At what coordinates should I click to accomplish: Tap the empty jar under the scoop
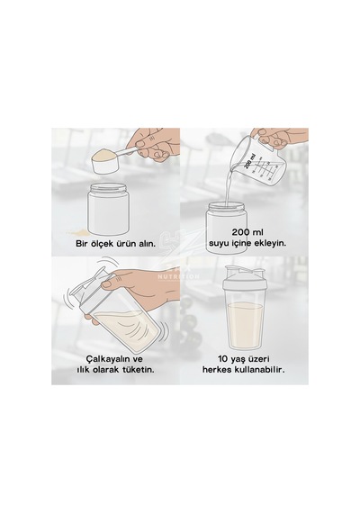click(x=108, y=209)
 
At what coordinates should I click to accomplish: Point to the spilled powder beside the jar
click(x=76, y=232)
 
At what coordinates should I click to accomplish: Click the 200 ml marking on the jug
click(x=249, y=161)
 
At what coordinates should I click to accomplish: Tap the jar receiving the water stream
click(x=226, y=226)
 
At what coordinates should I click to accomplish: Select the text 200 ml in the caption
click(x=247, y=232)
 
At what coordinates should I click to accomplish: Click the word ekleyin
click(x=271, y=244)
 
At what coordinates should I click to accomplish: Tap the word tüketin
click(x=139, y=370)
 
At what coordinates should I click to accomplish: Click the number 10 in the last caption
click(x=223, y=359)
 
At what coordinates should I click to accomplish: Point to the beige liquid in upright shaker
click(x=246, y=325)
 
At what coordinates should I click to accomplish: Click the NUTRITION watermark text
click(x=179, y=276)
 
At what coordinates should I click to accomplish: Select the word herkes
click(x=217, y=370)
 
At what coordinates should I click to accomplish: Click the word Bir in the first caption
click(x=82, y=244)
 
